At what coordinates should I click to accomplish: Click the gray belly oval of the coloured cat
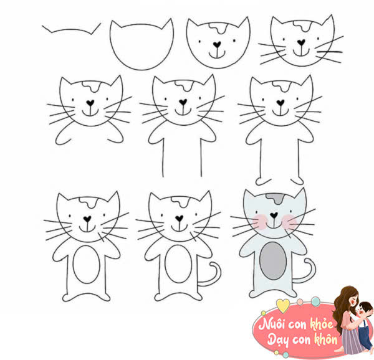(273, 261)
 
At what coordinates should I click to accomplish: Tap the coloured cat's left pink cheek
(260, 222)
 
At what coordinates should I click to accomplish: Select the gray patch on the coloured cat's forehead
(275, 197)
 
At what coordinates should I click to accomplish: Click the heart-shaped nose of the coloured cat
(274, 215)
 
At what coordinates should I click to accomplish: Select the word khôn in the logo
(326, 339)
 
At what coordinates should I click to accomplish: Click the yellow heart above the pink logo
(283, 305)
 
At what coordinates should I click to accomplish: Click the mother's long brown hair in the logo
(340, 307)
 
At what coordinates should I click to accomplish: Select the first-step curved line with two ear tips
(71, 29)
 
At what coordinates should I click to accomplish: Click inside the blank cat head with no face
(141, 47)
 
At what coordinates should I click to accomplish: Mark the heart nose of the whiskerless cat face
(217, 44)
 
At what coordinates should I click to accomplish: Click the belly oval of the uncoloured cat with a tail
(178, 264)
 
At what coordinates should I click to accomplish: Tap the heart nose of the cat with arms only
(90, 103)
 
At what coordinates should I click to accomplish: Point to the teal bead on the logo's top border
(315, 301)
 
